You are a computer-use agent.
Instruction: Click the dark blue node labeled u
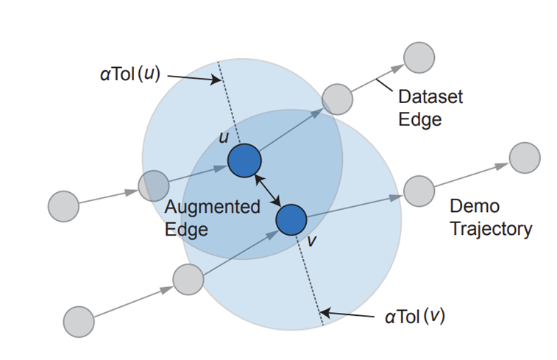click(x=244, y=160)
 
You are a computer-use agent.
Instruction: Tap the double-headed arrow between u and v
click(x=267, y=190)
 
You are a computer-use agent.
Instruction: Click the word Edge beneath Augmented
click(x=186, y=229)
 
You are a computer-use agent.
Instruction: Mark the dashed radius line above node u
click(x=228, y=110)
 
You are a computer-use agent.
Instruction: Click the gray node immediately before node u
click(x=154, y=185)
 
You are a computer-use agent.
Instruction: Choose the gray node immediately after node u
click(x=338, y=99)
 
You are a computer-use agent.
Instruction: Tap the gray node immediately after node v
click(x=419, y=190)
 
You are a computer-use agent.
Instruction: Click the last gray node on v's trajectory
click(x=525, y=158)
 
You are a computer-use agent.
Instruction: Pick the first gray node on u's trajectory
click(x=63, y=205)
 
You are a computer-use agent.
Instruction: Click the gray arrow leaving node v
click(x=353, y=204)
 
